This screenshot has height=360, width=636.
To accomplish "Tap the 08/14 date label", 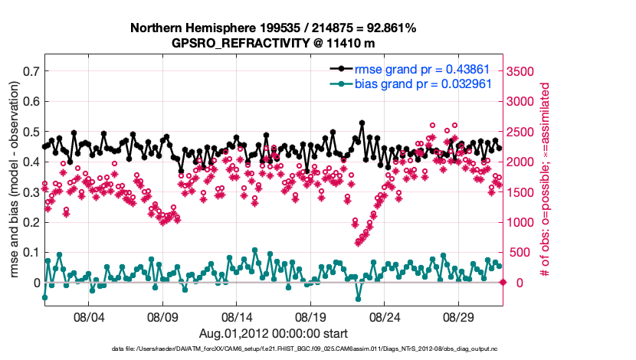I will [237, 316].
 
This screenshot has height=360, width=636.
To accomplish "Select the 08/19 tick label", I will [311, 316].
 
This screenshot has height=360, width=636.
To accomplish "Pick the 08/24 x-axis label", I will [385, 316].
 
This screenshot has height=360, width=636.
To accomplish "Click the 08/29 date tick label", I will [460, 316].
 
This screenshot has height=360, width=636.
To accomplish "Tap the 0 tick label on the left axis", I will [36, 283].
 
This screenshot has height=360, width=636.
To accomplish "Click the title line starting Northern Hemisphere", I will [273, 28].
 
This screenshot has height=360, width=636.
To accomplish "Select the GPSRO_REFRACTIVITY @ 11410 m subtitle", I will [273, 43].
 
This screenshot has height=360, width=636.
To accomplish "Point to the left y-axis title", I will [13, 180].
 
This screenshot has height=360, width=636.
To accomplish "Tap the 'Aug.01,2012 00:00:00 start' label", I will [273, 333].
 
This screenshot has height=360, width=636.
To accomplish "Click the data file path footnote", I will [273, 349].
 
